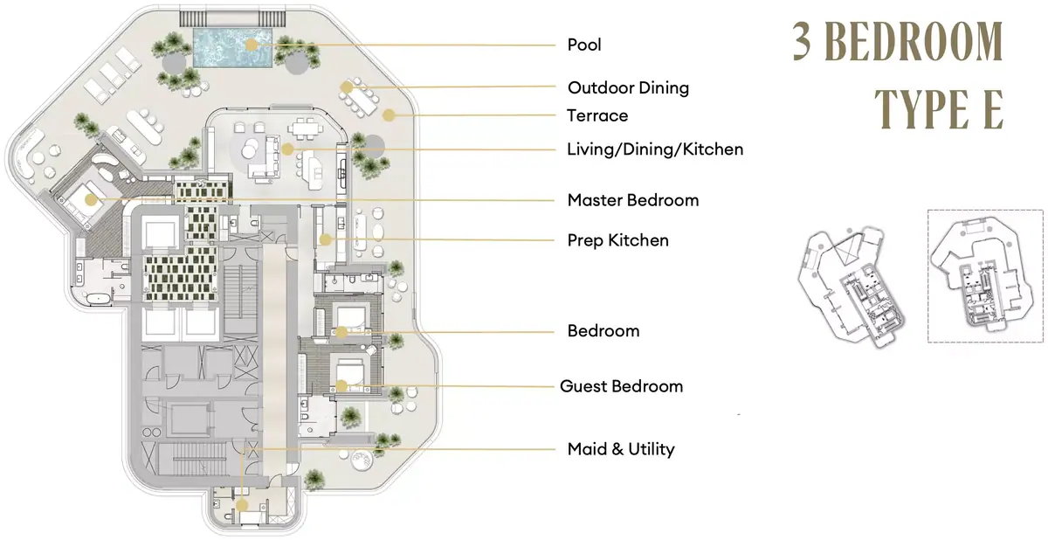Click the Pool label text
pos(584,45)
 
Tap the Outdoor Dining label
pos(628,87)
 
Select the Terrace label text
pos(597,115)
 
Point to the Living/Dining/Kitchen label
pos(655,149)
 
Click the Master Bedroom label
pos(633,200)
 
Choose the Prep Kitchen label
pos(618,240)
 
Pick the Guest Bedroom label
pos(621,386)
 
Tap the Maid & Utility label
pos(621,449)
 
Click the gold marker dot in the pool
pos(252,45)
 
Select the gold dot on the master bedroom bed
pos(91,200)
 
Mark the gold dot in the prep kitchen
pos(325,240)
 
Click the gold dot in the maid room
pos(241,506)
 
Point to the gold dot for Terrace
pos(389,115)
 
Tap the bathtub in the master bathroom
pos(97,298)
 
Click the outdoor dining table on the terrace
pos(360,97)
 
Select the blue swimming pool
pos(233,47)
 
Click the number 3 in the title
pos(803,41)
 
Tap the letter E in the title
pos(993,109)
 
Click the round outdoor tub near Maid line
pos(362,459)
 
